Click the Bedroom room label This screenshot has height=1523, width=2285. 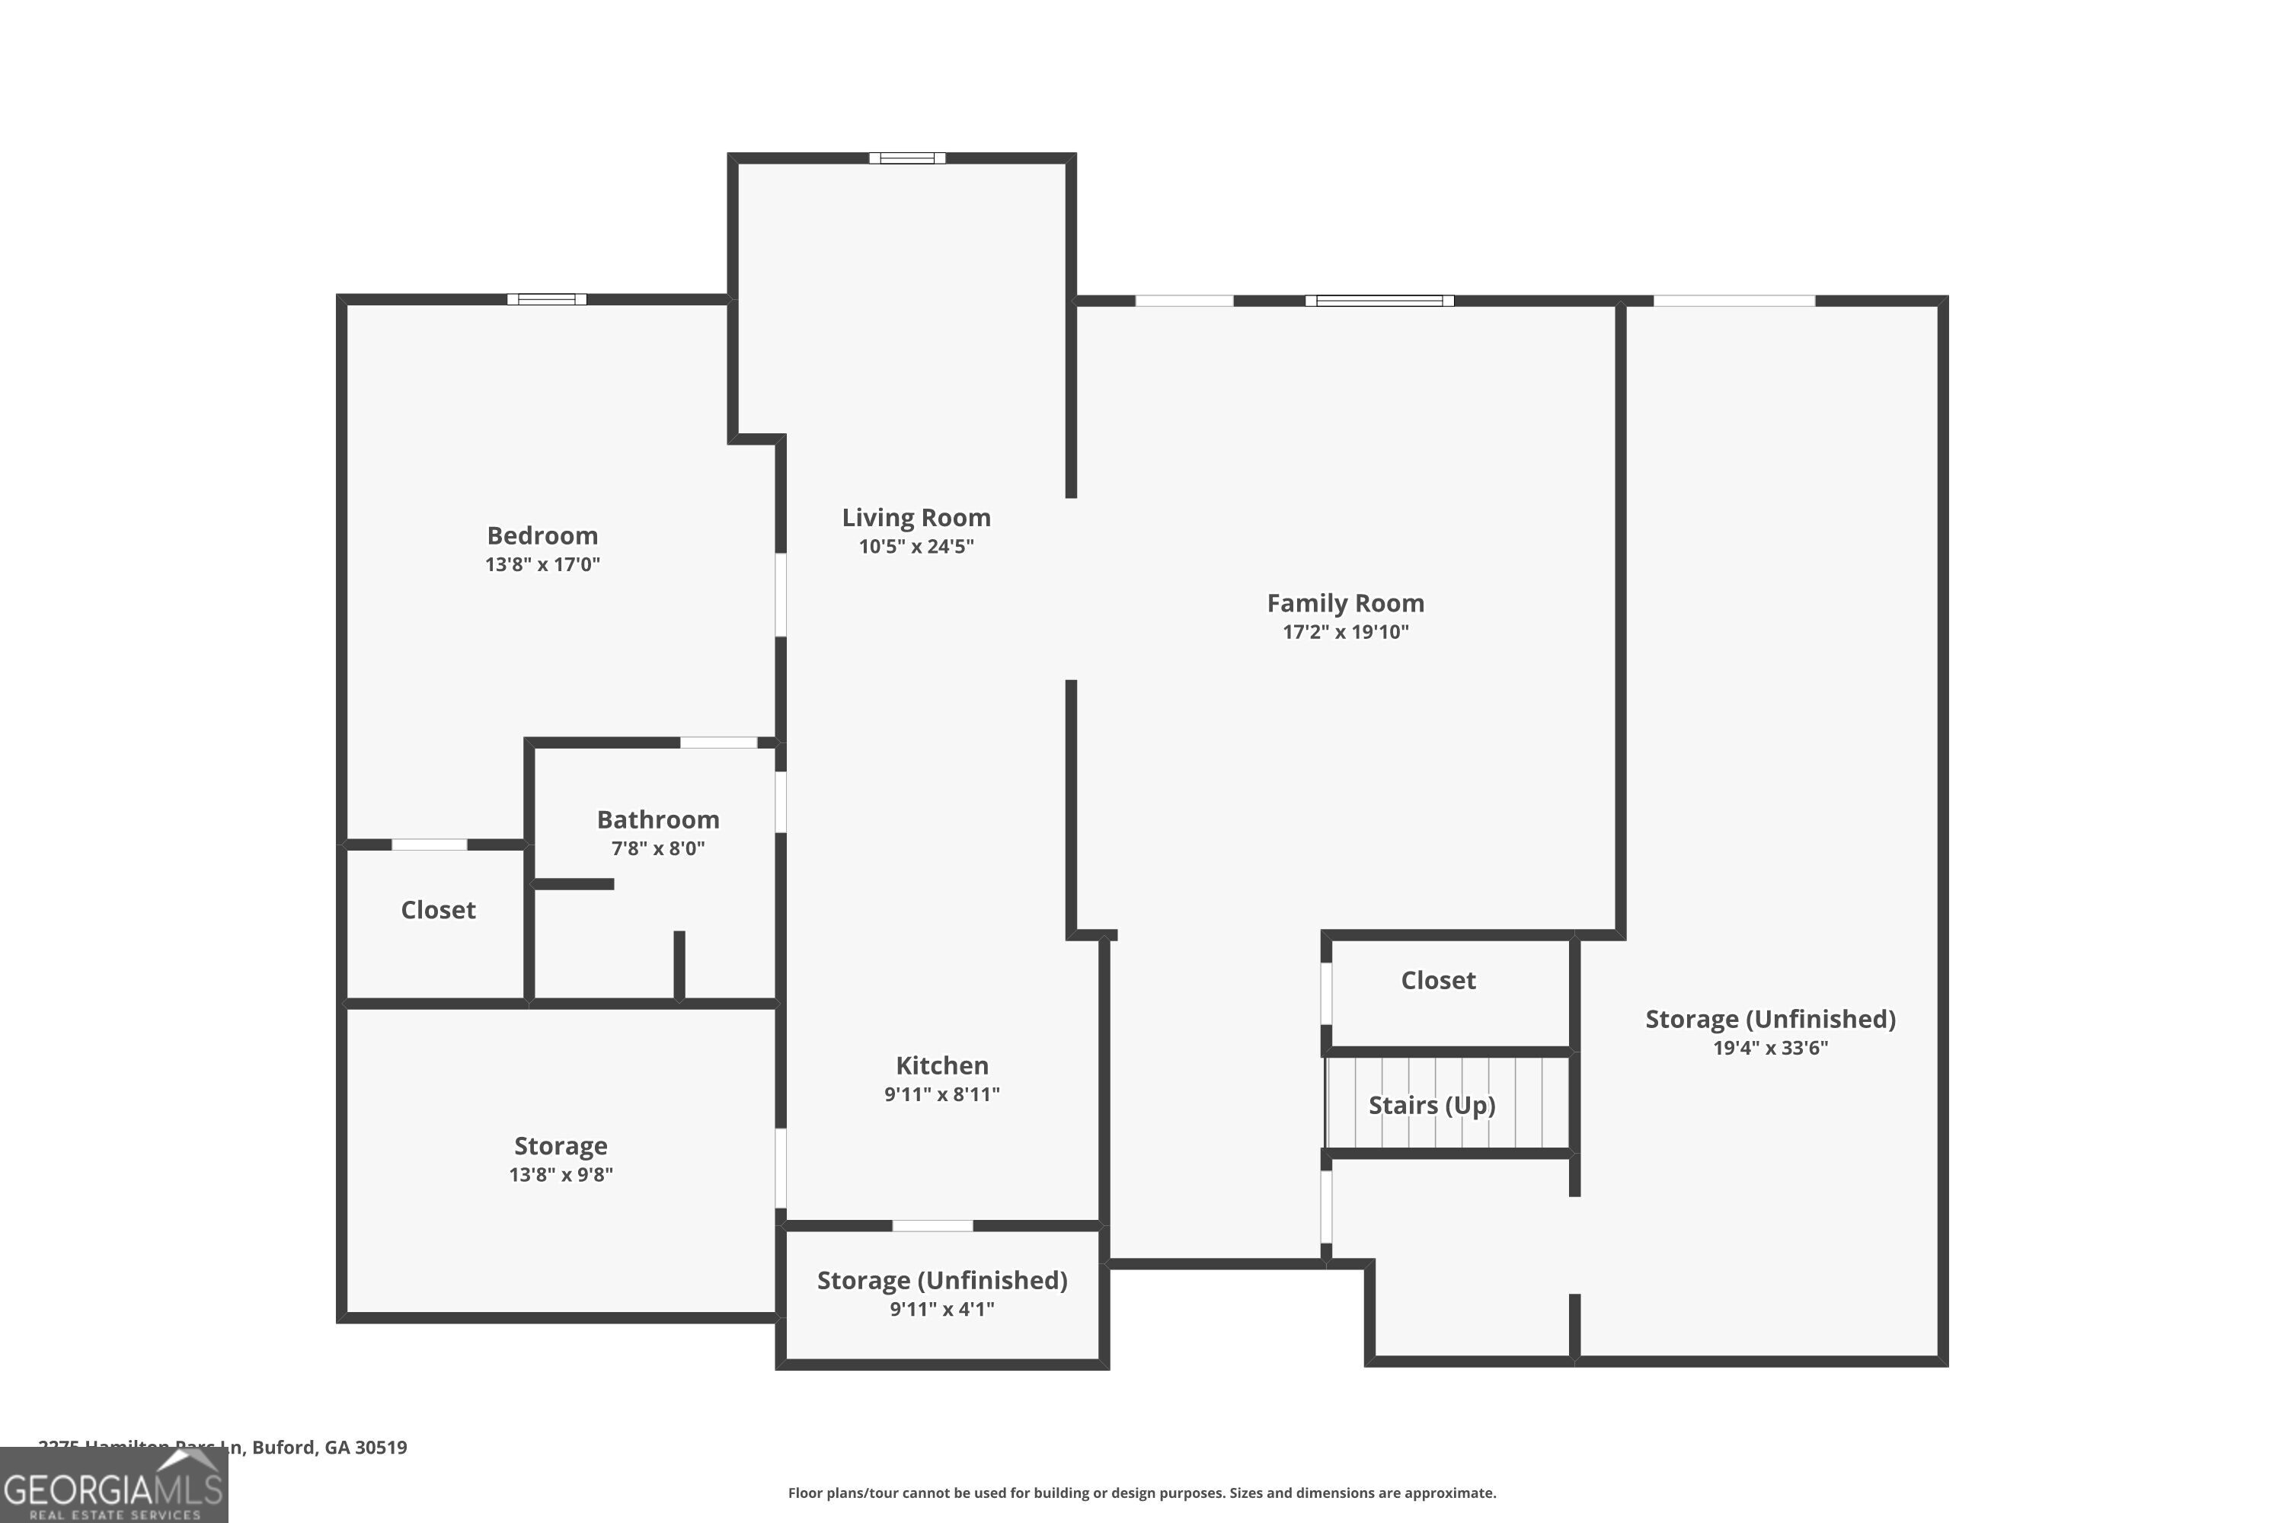pos(542,535)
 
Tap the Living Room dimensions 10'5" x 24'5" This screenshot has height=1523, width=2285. pos(916,546)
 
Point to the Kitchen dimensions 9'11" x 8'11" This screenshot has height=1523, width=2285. pos(941,1094)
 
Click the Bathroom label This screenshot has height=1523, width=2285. pos(658,819)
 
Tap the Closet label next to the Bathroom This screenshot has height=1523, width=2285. pos(438,909)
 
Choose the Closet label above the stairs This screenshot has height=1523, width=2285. pos(1438,980)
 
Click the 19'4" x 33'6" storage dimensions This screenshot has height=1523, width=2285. pos(1769,1047)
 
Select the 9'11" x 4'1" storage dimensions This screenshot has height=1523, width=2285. pos(941,1308)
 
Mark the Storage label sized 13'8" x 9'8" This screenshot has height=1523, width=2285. pos(561,1145)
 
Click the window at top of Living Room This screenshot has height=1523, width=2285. pos(906,158)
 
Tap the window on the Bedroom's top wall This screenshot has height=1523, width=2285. pos(547,299)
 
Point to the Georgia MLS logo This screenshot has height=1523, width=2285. pos(113,1487)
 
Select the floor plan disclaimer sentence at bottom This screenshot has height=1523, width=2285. pos(1142,1493)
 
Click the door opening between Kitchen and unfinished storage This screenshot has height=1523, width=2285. pos(932,1226)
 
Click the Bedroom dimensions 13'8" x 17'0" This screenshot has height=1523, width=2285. pos(542,564)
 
